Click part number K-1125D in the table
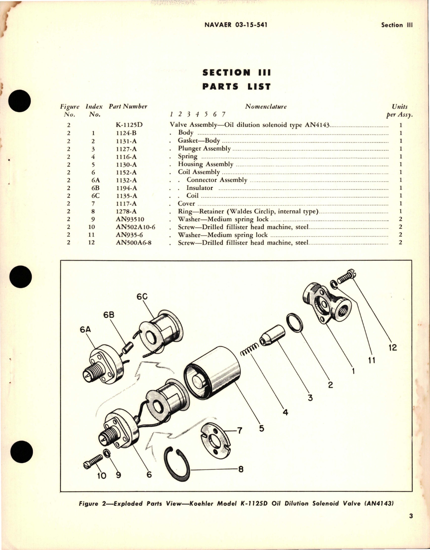click(129, 125)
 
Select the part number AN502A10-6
click(135, 227)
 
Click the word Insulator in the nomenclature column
click(199, 188)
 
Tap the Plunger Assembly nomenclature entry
click(204, 148)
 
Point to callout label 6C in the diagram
click(142, 297)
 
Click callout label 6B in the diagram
click(109, 315)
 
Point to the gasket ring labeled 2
click(295, 323)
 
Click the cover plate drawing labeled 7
click(215, 440)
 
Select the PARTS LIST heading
click(236, 86)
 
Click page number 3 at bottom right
click(411, 525)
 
